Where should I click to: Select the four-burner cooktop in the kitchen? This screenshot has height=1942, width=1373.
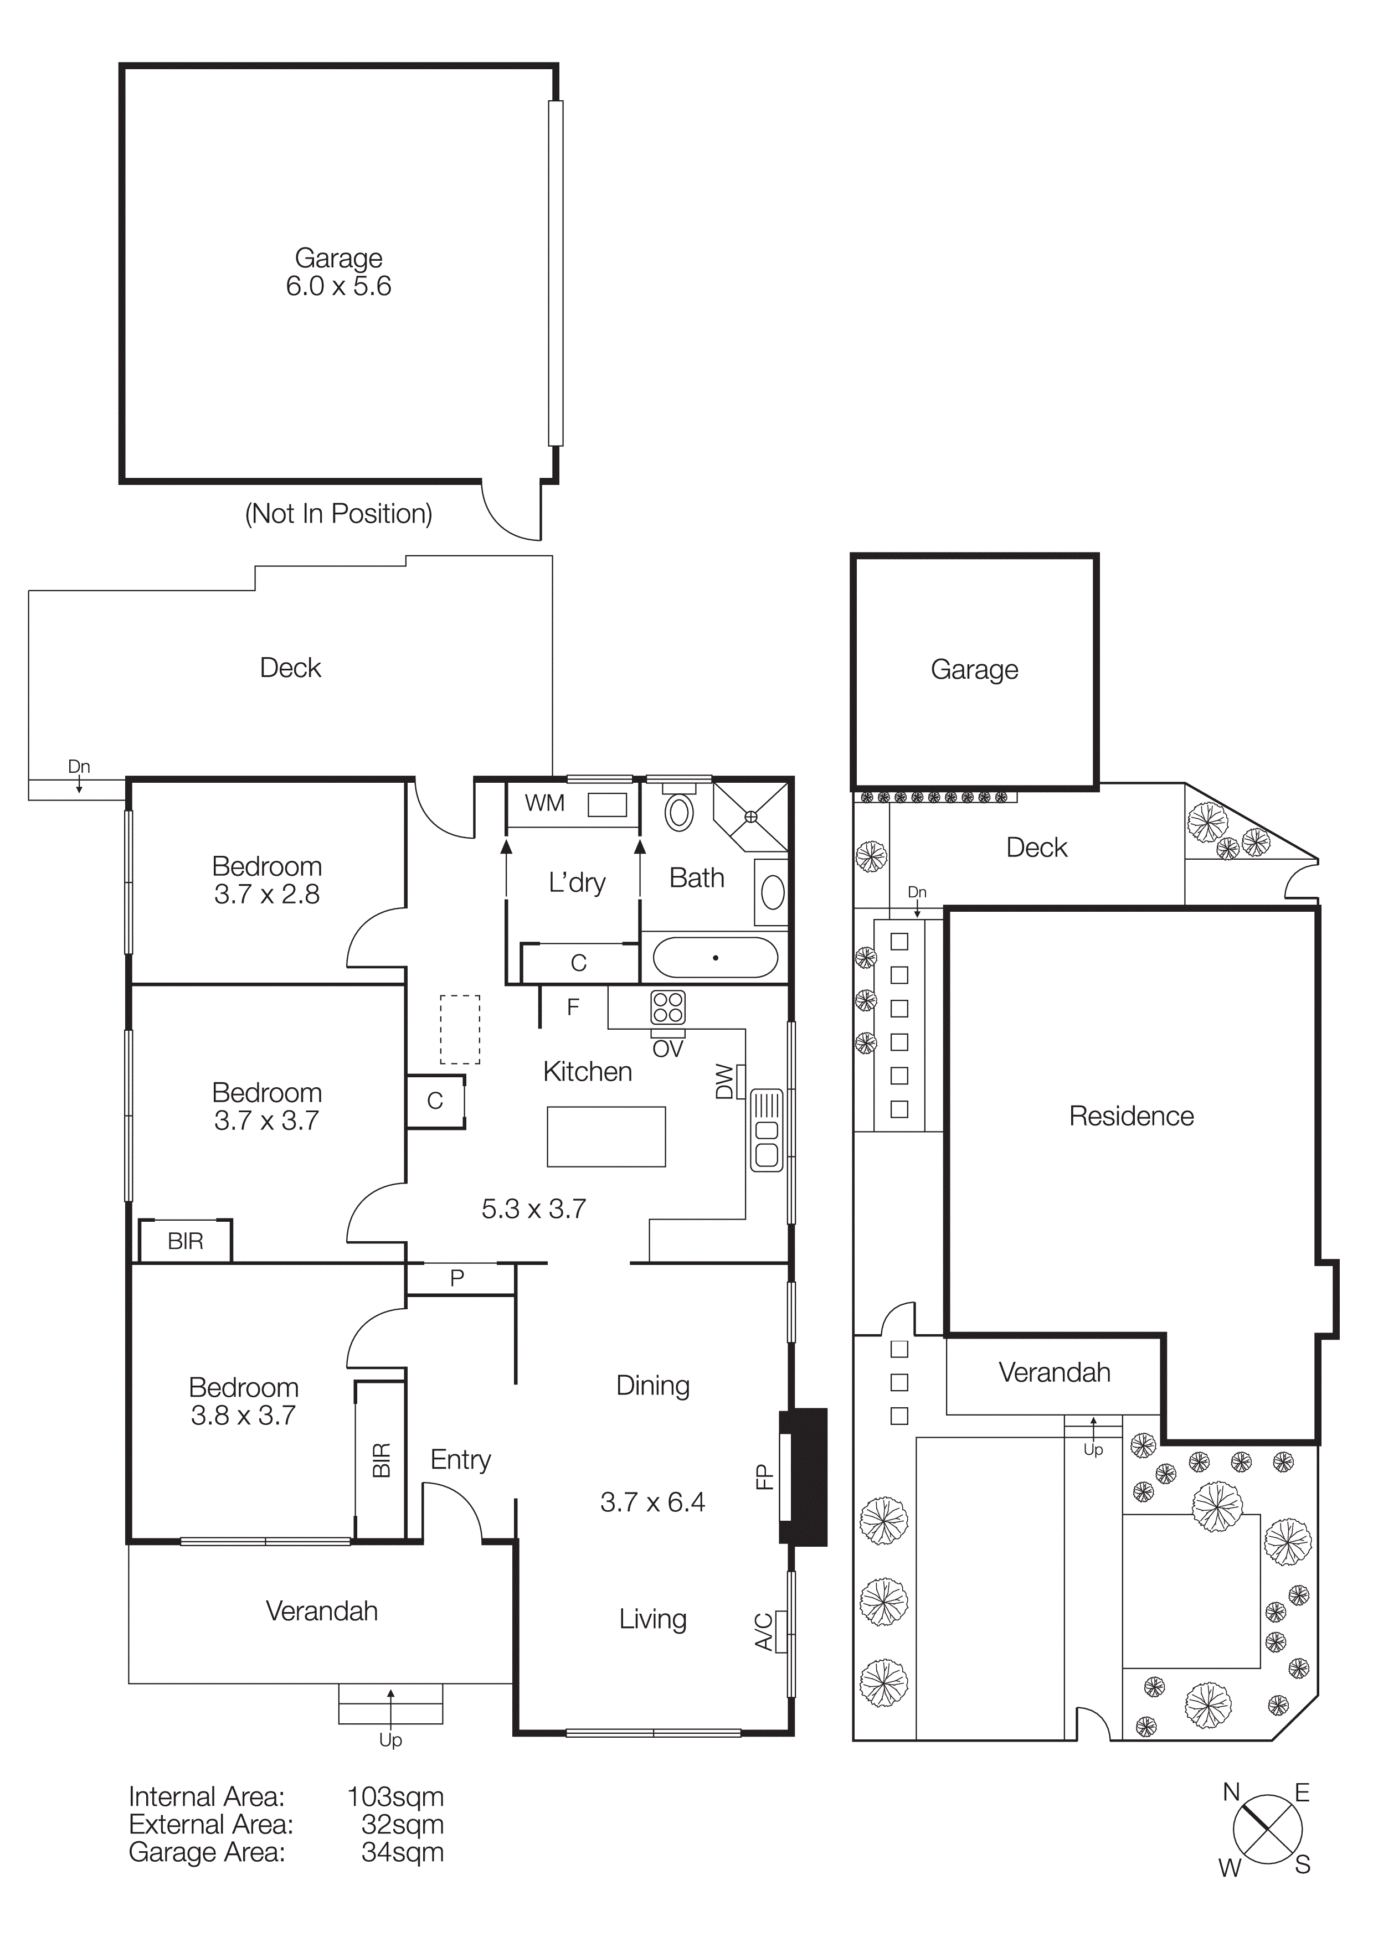[x=667, y=1008]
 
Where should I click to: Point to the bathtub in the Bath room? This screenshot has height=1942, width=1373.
[x=715, y=958]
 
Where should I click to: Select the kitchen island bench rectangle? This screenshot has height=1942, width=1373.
[x=606, y=1137]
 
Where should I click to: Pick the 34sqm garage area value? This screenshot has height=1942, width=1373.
[x=402, y=1852]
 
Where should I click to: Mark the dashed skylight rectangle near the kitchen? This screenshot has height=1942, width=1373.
[x=459, y=1029]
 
